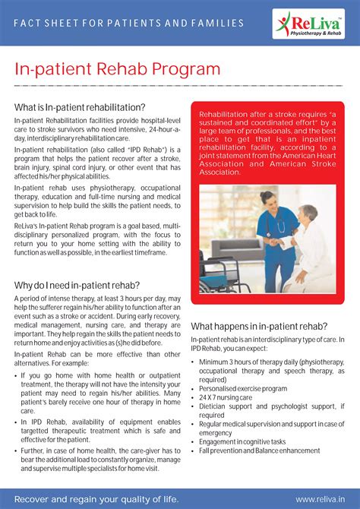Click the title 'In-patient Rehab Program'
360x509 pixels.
pyautogui.click(x=118, y=70)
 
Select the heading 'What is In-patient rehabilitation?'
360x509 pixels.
pyautogui.click(x=80, y=107)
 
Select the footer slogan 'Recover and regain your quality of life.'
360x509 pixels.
pyautogui.click(x=96, y=498)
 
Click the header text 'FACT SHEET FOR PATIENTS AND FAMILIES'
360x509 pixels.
pyautogui.click(x=129, y=23)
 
